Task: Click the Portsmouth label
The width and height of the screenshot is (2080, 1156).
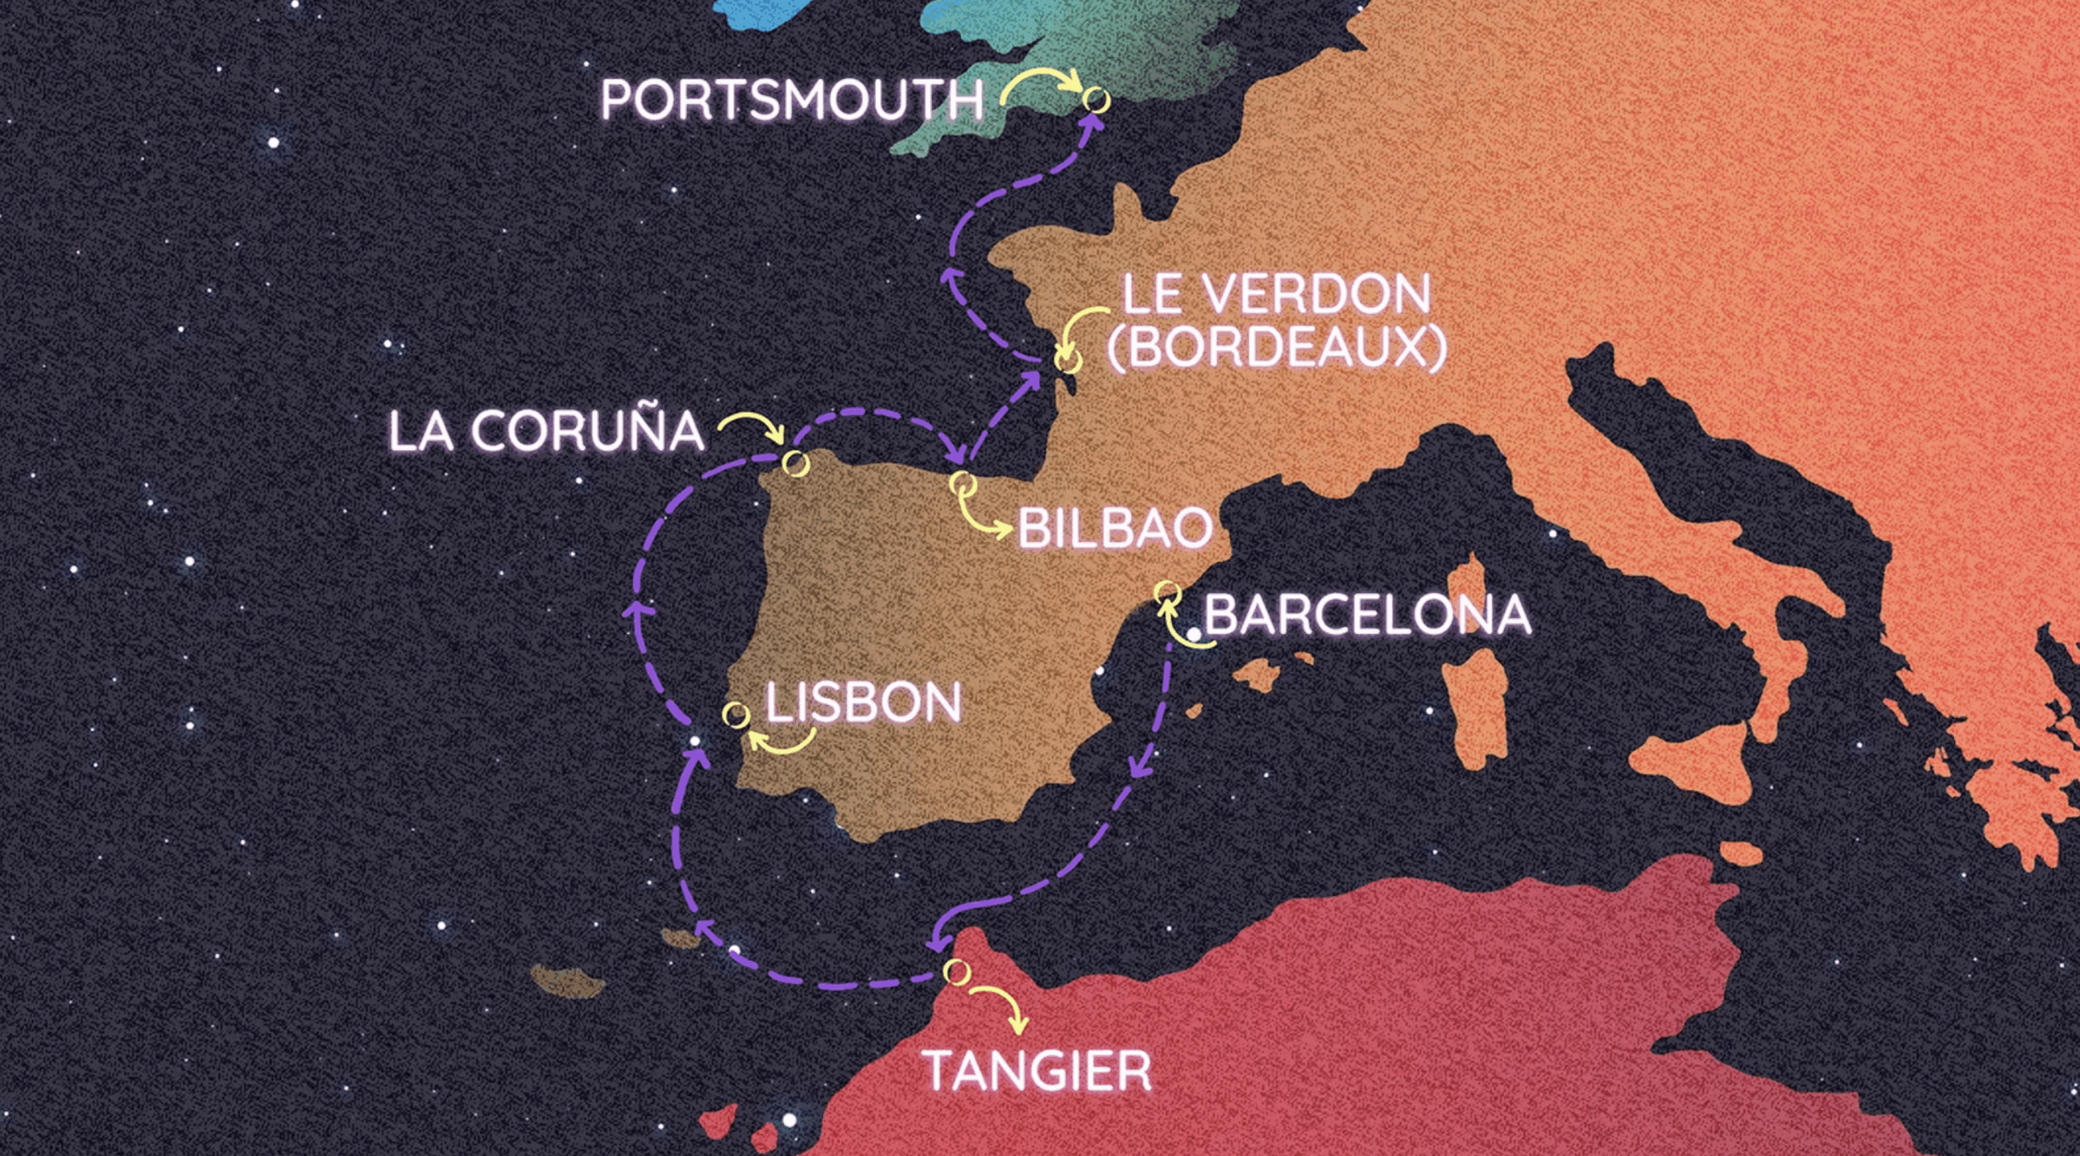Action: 792,100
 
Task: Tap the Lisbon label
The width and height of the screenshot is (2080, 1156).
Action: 864,703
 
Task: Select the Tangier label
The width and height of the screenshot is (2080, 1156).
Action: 1038,1071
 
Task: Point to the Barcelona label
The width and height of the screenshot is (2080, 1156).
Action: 1367,614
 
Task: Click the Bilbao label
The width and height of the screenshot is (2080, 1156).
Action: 1115,528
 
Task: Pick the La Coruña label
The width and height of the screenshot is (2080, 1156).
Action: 546,431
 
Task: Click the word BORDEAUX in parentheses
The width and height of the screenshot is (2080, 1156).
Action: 1276,347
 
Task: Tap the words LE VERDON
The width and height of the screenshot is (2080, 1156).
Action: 1276,294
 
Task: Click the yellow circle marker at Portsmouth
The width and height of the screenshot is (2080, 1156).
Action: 1096,99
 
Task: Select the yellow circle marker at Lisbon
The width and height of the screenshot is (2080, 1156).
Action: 736,715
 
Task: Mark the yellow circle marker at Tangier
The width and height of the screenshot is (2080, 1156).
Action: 956,971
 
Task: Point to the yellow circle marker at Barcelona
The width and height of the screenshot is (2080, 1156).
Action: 1168,592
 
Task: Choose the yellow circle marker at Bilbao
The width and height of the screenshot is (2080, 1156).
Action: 963,483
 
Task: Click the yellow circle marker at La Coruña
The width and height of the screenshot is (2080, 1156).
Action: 796,463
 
